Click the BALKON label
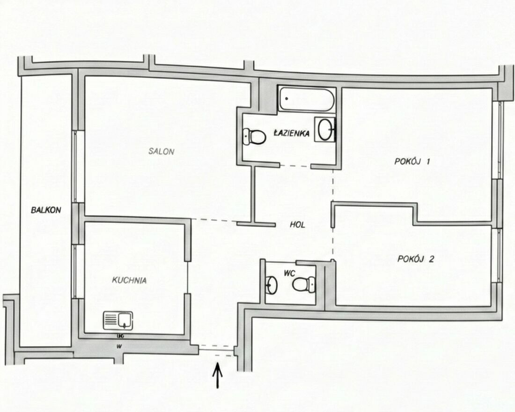tap(46, 210)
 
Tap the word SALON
tap(161, 152)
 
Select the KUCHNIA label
tap(129, 280)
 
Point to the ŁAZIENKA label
tap(292, 133)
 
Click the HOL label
tap(297, 225)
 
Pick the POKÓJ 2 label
tap(416, 259)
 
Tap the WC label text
tap(289, 273)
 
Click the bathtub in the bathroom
tap(307, 99)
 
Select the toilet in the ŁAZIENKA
tap(255, 137)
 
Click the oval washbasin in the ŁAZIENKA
tap(325, 129)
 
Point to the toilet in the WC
tap(304, 284)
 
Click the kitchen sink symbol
tap(118, 321)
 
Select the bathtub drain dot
tap(287, 98)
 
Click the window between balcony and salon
tap(75, 167)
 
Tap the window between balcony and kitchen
tap(75, 271)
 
